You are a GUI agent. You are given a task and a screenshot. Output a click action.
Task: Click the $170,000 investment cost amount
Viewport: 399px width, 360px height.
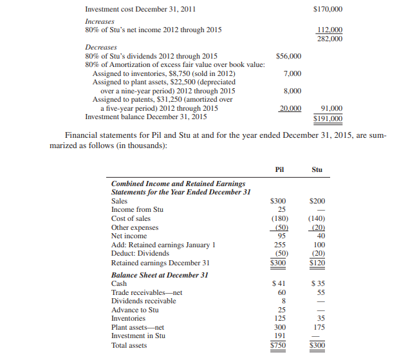[327, 10]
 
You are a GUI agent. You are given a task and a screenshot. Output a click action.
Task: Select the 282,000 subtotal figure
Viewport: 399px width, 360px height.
[329, 39]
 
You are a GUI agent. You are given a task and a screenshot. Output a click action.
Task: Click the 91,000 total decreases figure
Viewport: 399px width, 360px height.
[331, 109]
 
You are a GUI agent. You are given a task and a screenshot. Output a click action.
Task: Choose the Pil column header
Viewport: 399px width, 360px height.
[279, 170]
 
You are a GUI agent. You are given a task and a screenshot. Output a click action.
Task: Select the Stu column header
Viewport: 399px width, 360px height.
[317, 170]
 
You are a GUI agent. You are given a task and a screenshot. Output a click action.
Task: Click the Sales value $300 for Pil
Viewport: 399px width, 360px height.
[279, 201]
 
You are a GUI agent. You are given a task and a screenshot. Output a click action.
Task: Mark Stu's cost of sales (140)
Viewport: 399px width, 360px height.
[317, 218]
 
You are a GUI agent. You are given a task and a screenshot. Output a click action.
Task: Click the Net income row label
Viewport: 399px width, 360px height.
[129, 236]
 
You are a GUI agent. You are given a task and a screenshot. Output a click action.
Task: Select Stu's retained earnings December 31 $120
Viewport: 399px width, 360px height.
[317, 263]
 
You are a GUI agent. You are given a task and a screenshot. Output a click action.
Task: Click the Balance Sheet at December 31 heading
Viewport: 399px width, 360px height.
[160, 274]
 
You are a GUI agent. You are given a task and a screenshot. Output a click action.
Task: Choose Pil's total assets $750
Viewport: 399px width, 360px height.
[279, 345]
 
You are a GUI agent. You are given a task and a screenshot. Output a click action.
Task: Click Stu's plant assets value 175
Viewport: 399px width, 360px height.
[318, 327]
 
